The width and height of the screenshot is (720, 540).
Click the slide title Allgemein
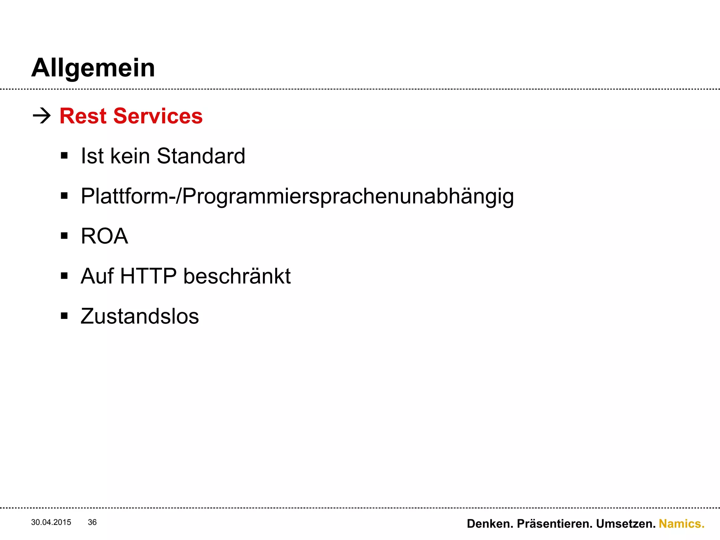(93, 68)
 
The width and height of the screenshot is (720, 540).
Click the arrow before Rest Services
(42, 116)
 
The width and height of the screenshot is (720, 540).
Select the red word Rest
(83, 116)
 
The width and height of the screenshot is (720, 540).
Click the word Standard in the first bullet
(201, 156)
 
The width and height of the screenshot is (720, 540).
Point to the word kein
(130, 156)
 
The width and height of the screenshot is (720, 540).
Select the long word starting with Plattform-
(297, 196)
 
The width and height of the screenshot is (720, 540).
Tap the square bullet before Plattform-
(64, 196)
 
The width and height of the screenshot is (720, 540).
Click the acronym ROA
(104, 236)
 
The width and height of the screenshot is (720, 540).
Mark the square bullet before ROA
(64, 236)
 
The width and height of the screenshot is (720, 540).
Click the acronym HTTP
(148, 276)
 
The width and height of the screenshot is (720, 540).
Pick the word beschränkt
(237, 276)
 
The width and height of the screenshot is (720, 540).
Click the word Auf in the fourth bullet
(97, 276)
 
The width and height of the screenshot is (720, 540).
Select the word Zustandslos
(140, 316)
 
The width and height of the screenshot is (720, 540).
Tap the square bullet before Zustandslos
(64, 316)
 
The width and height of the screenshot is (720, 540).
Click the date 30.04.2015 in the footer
(51, 522)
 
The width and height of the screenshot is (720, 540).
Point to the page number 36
(92, 522)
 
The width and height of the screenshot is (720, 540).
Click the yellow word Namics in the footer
(681, 524)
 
